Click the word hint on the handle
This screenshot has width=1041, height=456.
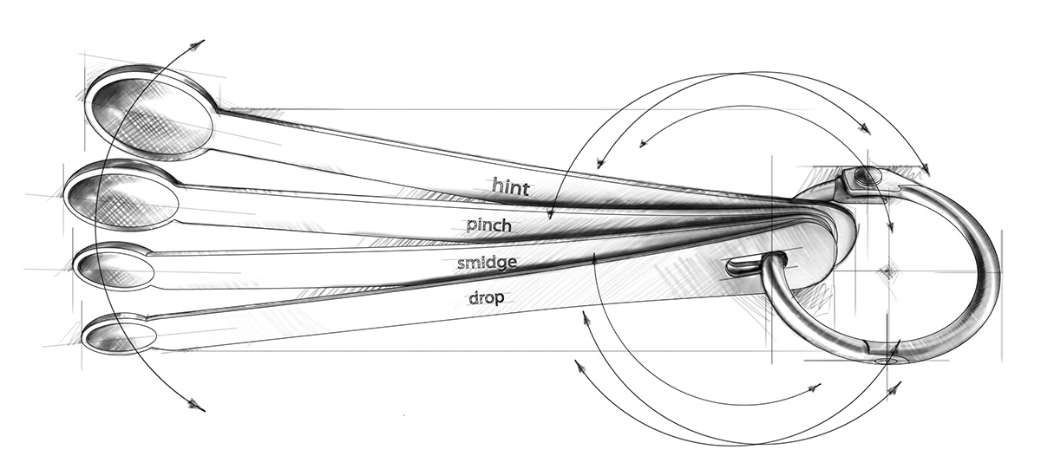(510, 185)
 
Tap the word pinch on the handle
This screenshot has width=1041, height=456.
(488, 226)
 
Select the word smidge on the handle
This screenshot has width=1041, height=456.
(488, 263)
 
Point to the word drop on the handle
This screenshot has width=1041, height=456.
(487, 297)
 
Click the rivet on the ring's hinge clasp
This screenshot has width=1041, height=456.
(864, 177)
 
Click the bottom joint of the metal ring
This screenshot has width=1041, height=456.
(887, 358)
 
